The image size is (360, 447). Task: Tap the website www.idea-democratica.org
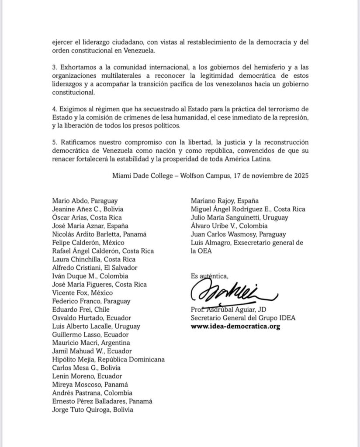tap(235, 326)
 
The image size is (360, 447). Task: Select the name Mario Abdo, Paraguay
tap(85, 201)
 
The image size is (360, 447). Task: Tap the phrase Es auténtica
tap(209, 276)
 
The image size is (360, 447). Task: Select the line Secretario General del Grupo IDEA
tap(243, 318)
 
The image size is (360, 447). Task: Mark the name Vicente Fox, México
tap(82, 292)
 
